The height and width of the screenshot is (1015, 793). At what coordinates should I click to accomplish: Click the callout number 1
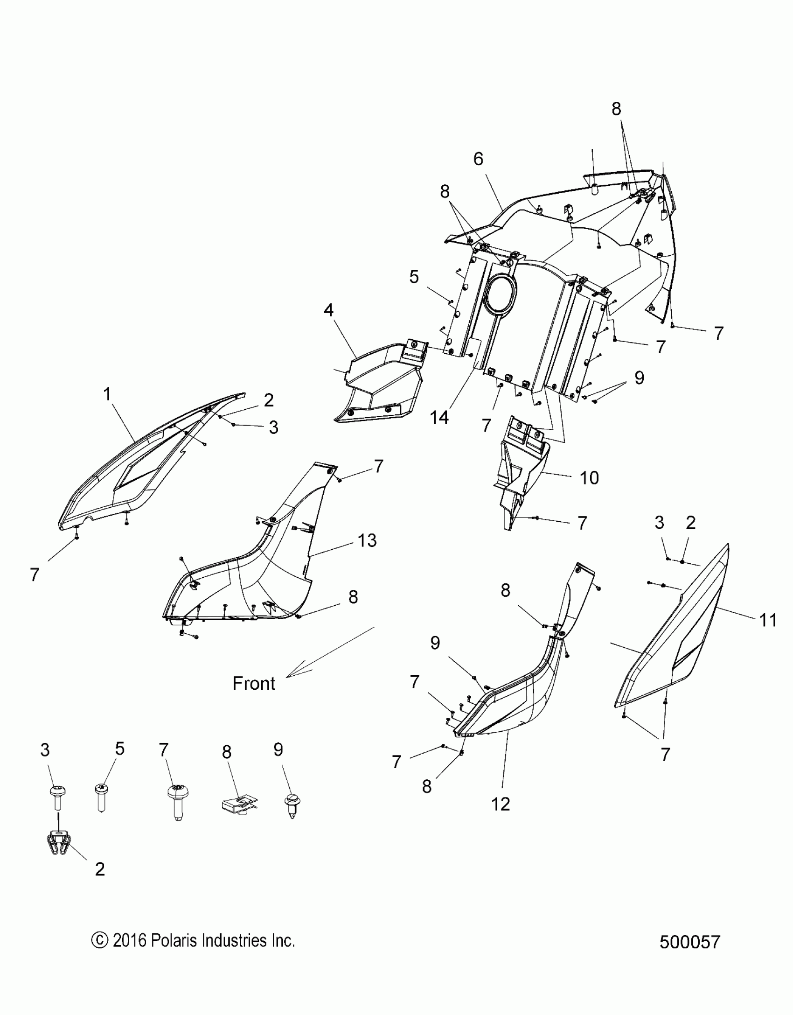click(x=107, y=394)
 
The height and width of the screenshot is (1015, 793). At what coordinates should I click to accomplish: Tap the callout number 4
click(x=329, y=310)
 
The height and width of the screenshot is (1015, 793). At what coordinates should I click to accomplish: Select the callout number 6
click(x=478, y=159)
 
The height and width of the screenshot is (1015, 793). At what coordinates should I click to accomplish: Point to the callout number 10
click(x=589, y=478)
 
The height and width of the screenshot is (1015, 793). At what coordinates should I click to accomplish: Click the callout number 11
click(x=768, y=620)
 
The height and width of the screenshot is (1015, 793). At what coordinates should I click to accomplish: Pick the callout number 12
click(x=500, y=804)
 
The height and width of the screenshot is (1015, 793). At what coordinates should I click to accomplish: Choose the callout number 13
click(x=367, y=540)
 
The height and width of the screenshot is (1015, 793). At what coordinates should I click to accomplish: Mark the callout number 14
click(x=439, y=418)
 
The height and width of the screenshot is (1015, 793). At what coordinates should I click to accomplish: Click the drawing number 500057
click(x=690, y=942)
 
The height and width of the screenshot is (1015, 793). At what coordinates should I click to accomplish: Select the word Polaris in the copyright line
click(x=175, y=940)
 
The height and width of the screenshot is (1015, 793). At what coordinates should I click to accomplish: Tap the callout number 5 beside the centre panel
click(x=414, y=277)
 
